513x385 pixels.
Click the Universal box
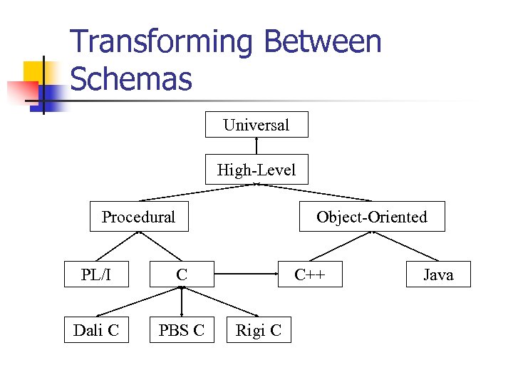pos(256,125)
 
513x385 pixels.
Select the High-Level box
pos(256,170)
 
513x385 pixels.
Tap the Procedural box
pos(139,217)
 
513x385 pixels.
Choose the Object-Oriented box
pos(371,217)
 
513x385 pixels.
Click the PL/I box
pos(97,274)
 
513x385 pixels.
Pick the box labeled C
pos(182,274)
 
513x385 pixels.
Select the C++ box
pos(310,274)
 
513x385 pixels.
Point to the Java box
pos(438,274)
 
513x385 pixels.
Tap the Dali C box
pos(96,329)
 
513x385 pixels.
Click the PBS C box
pos(182,329)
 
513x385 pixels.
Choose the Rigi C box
pos(258,329)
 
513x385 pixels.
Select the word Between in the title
pos(322,43)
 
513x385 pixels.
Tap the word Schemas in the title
pos(132,79)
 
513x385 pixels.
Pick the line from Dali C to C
pos(140,301)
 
